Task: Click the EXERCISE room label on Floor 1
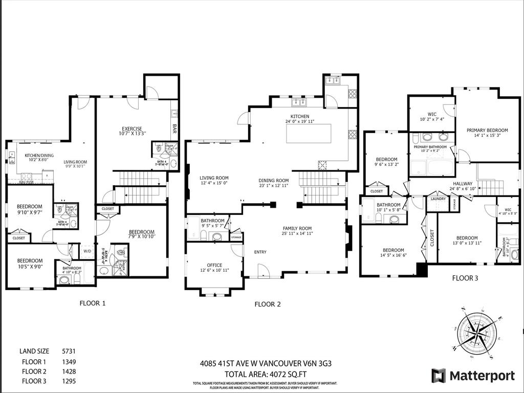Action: (x=132, y=128)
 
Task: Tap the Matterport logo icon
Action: (x=439, y=376)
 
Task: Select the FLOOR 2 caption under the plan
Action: (x=268, y=304)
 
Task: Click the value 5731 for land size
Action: (x=69, y=351)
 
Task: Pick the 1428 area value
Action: (x=69, y=371)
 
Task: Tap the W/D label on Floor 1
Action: (x=86, y=251)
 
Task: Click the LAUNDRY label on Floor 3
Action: (x=438, y=199)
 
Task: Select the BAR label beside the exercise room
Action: (x=174, y=126)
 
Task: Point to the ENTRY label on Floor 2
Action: (x=260, y=252)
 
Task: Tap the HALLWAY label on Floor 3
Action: (x=462, y=184)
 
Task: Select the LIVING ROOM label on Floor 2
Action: (x=214, y=178)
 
